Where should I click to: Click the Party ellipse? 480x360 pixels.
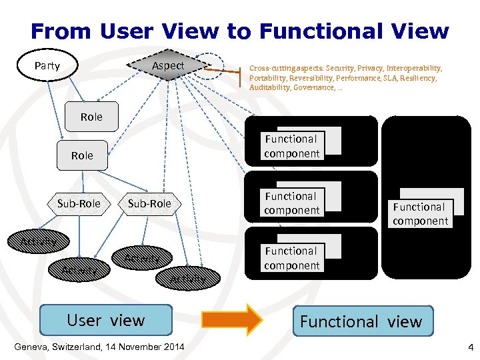(x=47, y=65)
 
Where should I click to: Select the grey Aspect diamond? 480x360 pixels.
(x=167, y=65)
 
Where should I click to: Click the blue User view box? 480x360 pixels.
(x=106, y=320)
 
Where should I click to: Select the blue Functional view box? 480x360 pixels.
(x=361, y=321)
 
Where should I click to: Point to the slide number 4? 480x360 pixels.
(x=470, y=347)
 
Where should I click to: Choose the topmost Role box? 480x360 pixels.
(x=91, y=117)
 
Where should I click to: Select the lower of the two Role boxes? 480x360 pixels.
(x=82, y=155)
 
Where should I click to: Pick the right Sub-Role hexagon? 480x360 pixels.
(x=149, y=203)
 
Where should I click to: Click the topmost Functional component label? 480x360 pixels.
(x=291, y=147)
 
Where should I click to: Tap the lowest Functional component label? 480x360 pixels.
(x=291, y=258)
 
